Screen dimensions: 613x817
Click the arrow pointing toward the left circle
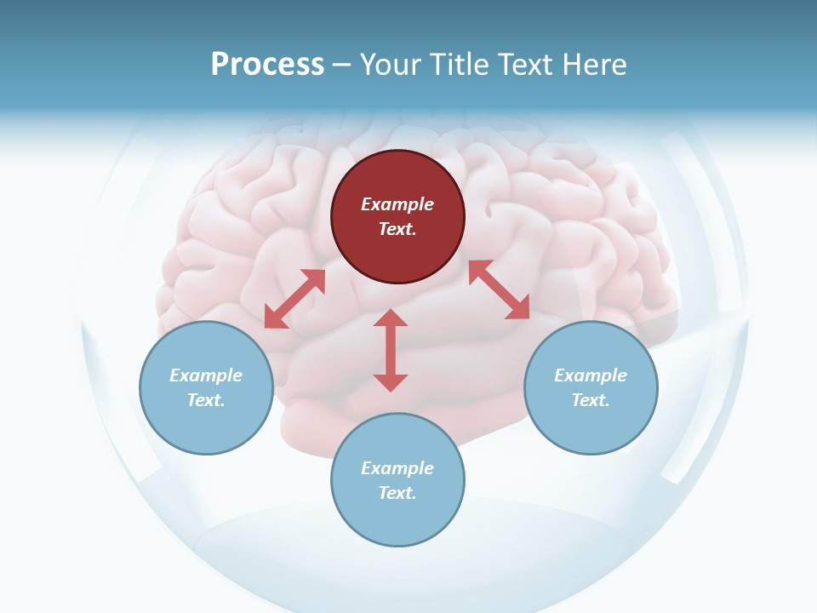[294, 299]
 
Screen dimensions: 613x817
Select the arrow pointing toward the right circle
[500, 290]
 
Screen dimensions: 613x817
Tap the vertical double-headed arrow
[391, 350]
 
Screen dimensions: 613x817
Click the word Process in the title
[267, 65]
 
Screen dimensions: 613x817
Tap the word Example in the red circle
[397, 204]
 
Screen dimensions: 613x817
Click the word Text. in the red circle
[397, 229]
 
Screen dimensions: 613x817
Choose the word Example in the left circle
[206, 375]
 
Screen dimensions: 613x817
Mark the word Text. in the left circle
[206, 400]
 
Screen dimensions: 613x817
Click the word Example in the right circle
[591, 375]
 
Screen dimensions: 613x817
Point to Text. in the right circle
[591, 400]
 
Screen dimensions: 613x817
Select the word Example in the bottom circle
[397, 468]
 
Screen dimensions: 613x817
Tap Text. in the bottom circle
[397, 493]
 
